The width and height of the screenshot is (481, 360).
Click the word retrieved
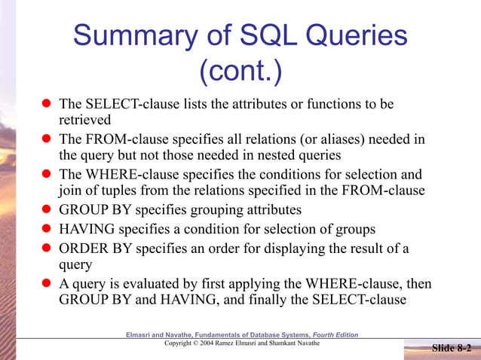pyautogui.click(x=85, y=120)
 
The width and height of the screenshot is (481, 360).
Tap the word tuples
pyautogui.click(x=106, y=188)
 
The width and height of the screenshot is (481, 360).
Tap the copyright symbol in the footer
pyautogui.click(x=195, y=343)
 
